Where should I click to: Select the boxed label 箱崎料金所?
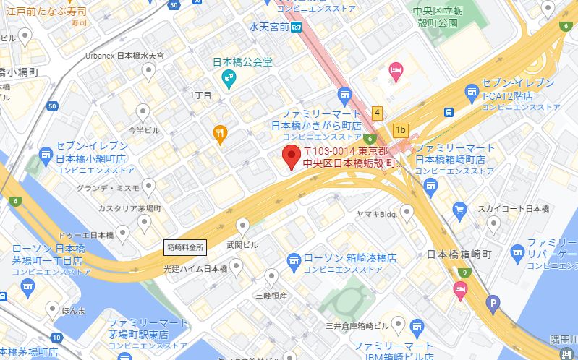click(x=186, y=247)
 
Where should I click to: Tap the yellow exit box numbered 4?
click(x=377, y=113)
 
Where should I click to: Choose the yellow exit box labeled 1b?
click(x=401, y=131)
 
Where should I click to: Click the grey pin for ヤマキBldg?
click(x=407, y=210)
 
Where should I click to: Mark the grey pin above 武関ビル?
click(x=244, y=225)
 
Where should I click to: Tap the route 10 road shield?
click(x=57, y=338)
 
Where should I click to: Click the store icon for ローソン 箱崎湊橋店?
click(x=293, y=259)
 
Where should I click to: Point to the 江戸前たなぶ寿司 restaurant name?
click(x=48, y=12)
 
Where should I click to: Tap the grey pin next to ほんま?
click(x=52, y=309)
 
